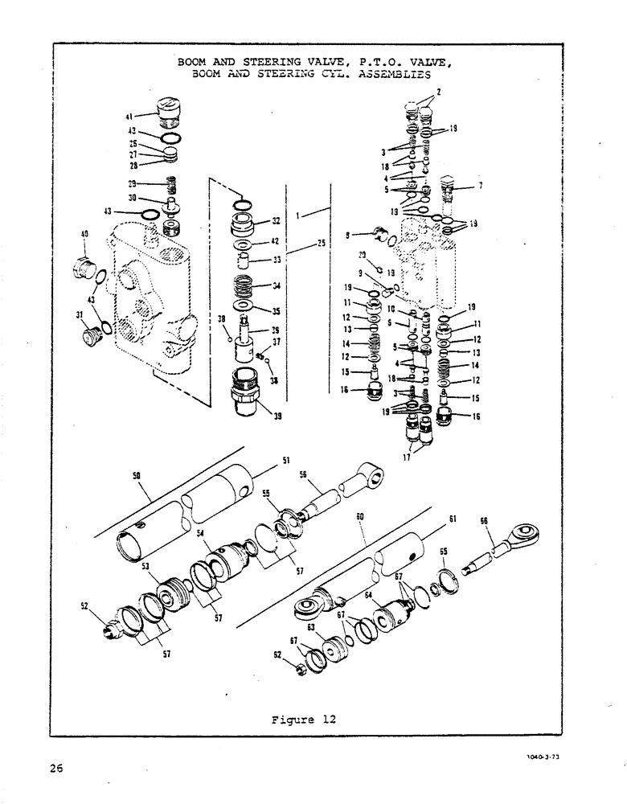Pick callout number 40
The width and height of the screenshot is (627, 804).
point(84,235)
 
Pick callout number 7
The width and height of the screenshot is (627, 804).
point(481,187)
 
